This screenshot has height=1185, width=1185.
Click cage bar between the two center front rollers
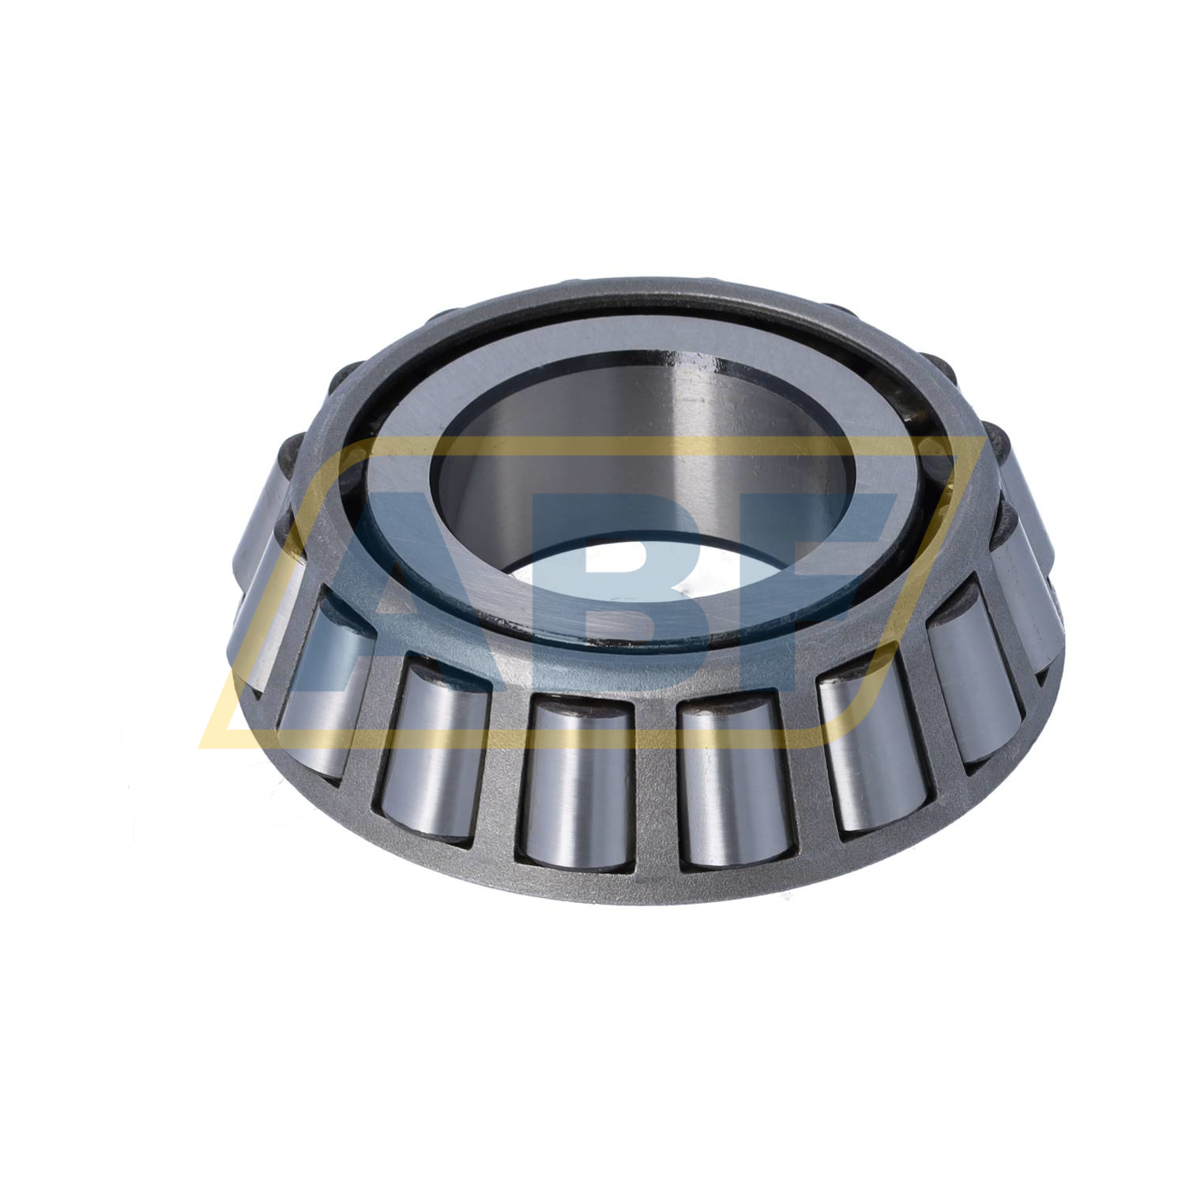654,790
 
